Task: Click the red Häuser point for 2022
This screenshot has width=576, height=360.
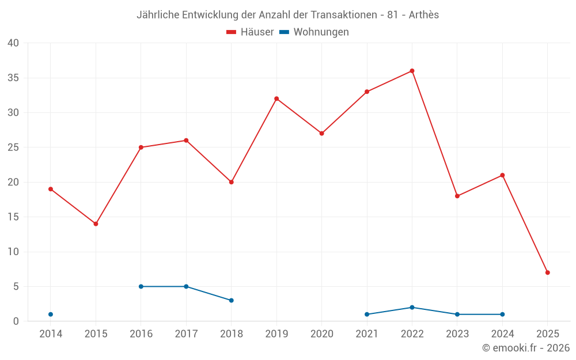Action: click(x=412, y=71)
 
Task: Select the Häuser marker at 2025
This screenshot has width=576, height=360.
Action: click(x=547, y=272)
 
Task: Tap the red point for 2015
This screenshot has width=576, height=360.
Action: click(x=96, y=223)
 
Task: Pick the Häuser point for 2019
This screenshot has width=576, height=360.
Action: click(x=276, y=98)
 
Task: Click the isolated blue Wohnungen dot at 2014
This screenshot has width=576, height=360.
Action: click(x=51, y=314)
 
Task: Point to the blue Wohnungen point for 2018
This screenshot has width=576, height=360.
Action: click(x=231, y=300)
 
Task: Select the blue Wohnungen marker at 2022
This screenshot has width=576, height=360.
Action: click(x=412, y=308)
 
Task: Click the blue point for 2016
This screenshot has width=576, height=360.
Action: click(x=141, y=286)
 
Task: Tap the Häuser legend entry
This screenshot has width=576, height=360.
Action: click(x=250, y=32)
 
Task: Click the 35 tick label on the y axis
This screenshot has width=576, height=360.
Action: click(x=13, y=78)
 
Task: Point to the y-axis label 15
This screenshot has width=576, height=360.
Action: click(x=13, y=217)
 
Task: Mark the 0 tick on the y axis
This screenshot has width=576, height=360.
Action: click(x=16, y=321)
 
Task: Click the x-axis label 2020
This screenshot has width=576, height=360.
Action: click(x=321, y=334)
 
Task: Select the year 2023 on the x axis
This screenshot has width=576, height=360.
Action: click(x=457, y=334)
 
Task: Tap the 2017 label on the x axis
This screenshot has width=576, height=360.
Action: click(x=186, y=334)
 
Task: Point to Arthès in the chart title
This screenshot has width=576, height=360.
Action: click(x=423, y=15)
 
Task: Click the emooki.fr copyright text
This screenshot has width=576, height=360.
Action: click(x=525, y=348)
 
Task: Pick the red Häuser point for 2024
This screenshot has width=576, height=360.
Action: click(x=502, y=175)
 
